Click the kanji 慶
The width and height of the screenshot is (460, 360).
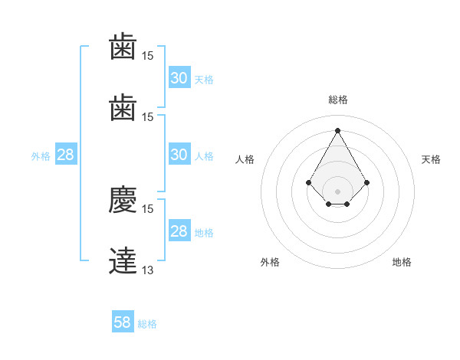[x=123, y=200]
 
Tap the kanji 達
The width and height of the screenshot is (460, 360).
[x=123, y=260]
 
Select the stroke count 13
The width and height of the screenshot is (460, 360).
[x=147, y=270]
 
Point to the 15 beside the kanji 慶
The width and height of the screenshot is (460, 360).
[x=147, y=209]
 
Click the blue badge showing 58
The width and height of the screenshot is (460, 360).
[x=123, y=321]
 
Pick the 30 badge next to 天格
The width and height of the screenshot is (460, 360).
[x=180, y=77]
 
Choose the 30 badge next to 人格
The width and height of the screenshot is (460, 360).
[x=180, y=154]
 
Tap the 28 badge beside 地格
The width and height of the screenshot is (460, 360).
[x=180, y=230]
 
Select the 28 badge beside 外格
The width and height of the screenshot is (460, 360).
[x=66, y=154]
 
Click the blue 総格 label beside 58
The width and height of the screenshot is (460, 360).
[x=147, y=324]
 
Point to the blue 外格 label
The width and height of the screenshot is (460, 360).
[x=41, y=156]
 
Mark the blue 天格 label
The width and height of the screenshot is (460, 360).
[x=204, y=80]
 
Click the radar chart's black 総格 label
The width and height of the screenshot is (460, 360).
[x=338, y=100]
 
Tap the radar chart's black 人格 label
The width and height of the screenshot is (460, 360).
[x=245, y=159]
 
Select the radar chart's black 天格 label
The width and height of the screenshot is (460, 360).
[x=431, y=159]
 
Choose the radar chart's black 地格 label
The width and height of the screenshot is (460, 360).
[x=402, y=262]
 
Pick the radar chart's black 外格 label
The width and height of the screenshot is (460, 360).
[x=270, y=262]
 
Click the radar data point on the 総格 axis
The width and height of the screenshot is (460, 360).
[x=337, y=130]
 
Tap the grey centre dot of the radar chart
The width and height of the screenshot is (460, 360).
[x=337, y=191]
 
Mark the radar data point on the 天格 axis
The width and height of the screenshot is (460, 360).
[x=366, y=182]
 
